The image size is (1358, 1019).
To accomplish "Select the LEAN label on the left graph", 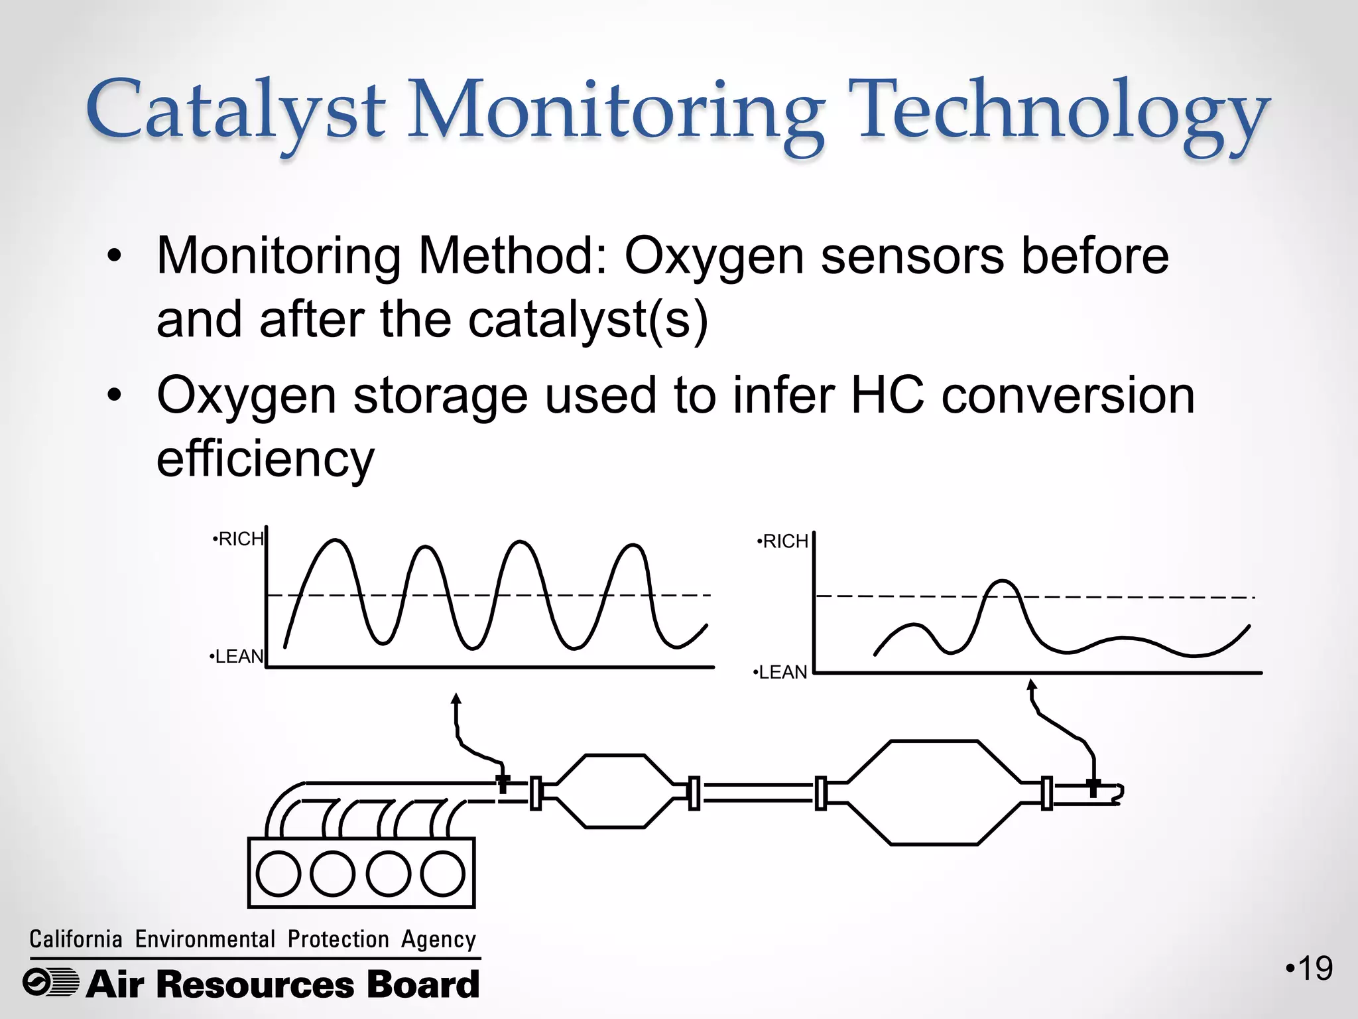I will pos(237,657).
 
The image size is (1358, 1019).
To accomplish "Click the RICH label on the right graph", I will pos(784,542).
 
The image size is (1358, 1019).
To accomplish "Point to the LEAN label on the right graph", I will pos(781,673).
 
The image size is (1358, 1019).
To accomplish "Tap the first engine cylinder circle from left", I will pos(278,874).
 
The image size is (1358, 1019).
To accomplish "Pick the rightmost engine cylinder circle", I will pos(442,874).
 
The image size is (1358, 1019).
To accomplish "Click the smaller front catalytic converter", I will pos(614,791).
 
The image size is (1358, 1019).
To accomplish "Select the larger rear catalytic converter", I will pos(934,793).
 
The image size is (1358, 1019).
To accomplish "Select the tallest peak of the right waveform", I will pos(1002,582).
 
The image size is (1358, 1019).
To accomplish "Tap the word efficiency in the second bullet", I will pos(265,459).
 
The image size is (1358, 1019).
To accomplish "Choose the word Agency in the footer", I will pos(438,940).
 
